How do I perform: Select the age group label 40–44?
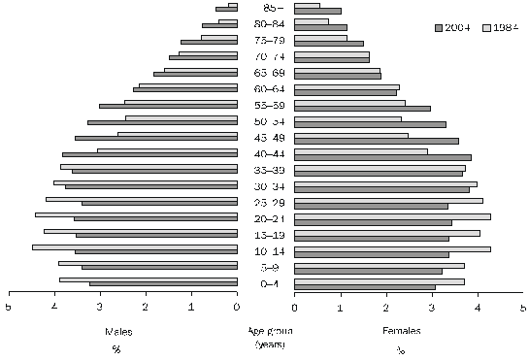[265, 153]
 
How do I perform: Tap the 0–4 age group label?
[265, 282]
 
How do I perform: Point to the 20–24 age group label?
[265, 217]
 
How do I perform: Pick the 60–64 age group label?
[265, 88]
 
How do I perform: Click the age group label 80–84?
[265, 24]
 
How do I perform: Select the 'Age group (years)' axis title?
[265, 337]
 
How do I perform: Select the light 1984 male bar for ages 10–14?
[135, 247]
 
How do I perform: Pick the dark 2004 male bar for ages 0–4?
[163, 284]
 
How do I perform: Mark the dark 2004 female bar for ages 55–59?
[361, 108]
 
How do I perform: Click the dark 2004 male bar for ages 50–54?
[162, 123]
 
